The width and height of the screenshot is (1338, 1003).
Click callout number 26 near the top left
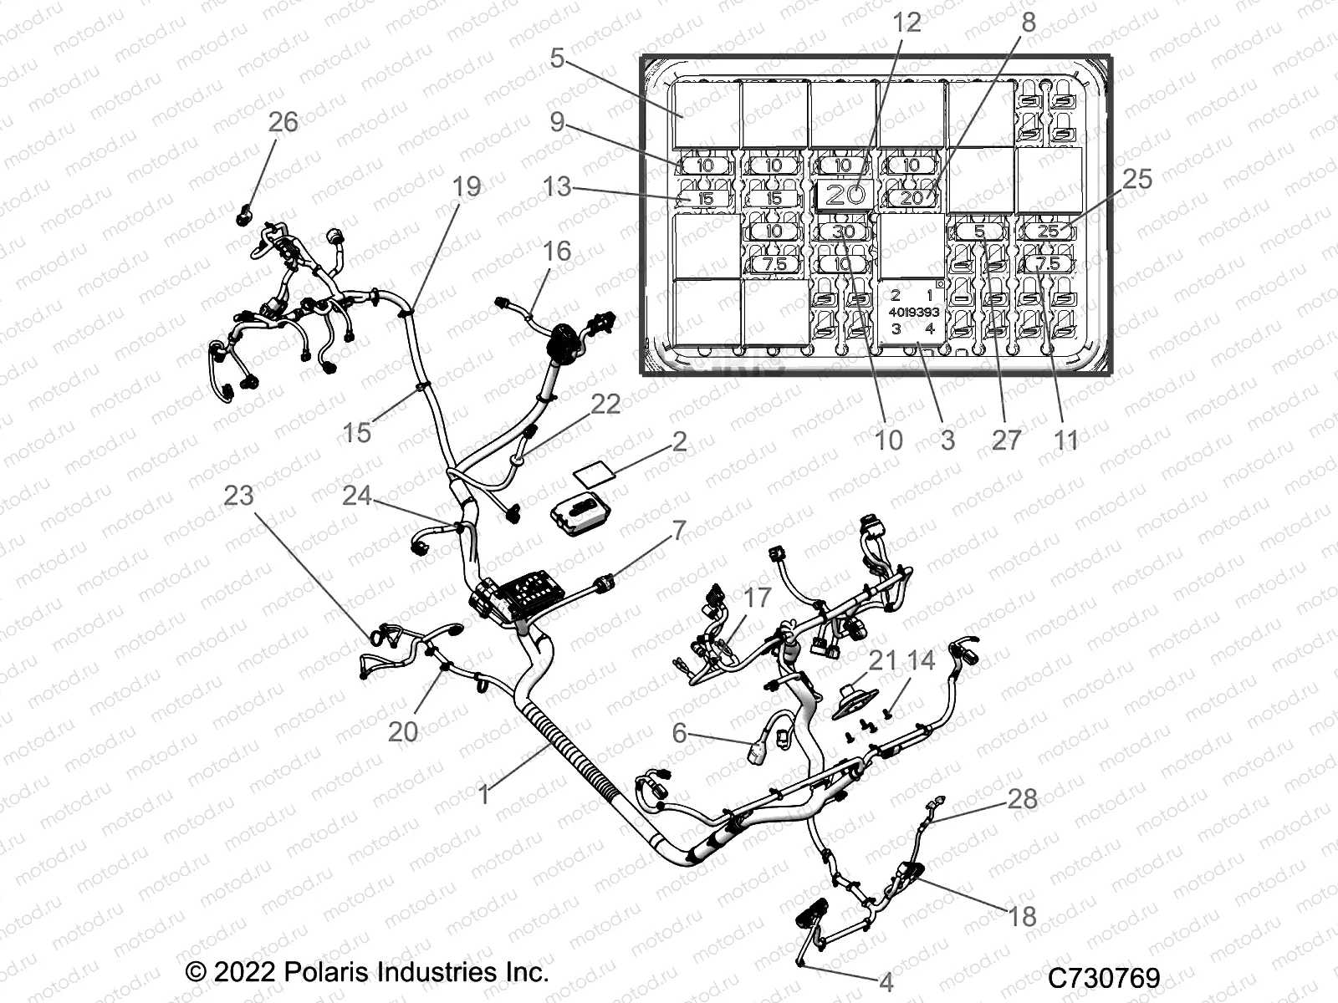(x=283, y=122)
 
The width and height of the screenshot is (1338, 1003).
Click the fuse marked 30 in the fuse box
(x=843, y=232)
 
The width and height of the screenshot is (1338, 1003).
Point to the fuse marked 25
(x=1047, y=232)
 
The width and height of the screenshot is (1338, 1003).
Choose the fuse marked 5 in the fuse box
(x=979, y=232)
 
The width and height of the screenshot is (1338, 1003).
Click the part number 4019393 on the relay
(x=913, y=312)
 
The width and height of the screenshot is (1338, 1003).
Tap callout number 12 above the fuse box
(x=906, y=23)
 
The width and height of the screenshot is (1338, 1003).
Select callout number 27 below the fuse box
(x=1006, y=439)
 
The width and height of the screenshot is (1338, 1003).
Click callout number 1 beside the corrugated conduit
(x=484, y=793)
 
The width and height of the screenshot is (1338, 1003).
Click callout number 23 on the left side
(x=238, y=495)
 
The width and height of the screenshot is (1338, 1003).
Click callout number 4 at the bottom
(x=886, y=981)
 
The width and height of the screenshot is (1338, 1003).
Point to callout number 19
(x=467, y=186)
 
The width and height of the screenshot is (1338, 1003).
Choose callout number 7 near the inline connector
(x=678, y=529)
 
